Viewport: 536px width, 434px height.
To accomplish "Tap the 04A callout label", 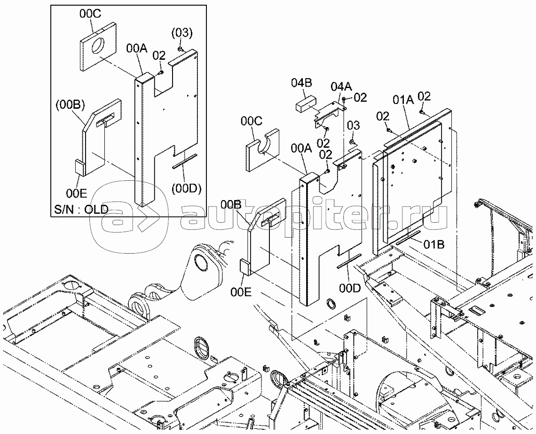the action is click(x=341, y=86).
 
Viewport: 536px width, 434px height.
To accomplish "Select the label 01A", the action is click(x=403, y=100).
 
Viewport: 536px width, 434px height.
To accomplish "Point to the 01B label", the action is click(x=434, y=245).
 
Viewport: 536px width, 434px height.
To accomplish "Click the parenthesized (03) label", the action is click(x=182, y=33).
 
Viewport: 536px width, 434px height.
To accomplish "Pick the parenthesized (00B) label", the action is click(x=71, y=104).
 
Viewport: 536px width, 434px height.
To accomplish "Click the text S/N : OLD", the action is click(x=81, y=209).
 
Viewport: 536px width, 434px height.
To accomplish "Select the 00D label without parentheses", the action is click(x=350, y=288).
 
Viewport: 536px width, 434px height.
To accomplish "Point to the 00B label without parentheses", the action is click(x=231, y=205).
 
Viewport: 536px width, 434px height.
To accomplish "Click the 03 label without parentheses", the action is click(x=354, y=125).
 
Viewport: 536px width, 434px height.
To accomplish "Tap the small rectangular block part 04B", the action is click(x=305, y=104).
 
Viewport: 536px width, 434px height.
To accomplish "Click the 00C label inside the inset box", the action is click(x=90, y=14).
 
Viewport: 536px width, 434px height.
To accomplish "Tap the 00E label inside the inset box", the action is click(x=77, y=194).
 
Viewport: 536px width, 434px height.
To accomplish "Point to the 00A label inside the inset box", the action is click(x=136, y=48).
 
